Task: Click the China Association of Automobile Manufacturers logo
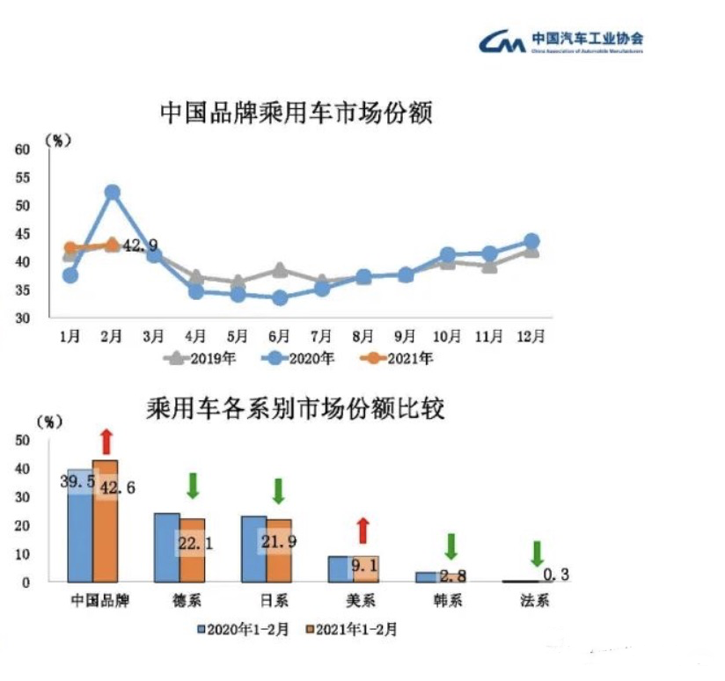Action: coord(561,41)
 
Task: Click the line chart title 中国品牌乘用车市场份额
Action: coord(297,113)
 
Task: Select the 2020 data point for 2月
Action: coord(112,192)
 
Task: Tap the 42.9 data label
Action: coord(141,246)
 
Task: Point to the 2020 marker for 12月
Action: coord(531,241)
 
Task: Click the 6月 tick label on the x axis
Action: coord(279,336)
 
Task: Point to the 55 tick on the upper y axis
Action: coord(23,178)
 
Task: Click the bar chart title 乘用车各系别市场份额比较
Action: coord(297,409)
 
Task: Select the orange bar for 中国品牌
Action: coord(105,520)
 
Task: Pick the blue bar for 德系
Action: coord(166,546)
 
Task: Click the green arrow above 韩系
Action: coord(450,546)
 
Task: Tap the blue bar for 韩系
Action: coord(426,576)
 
